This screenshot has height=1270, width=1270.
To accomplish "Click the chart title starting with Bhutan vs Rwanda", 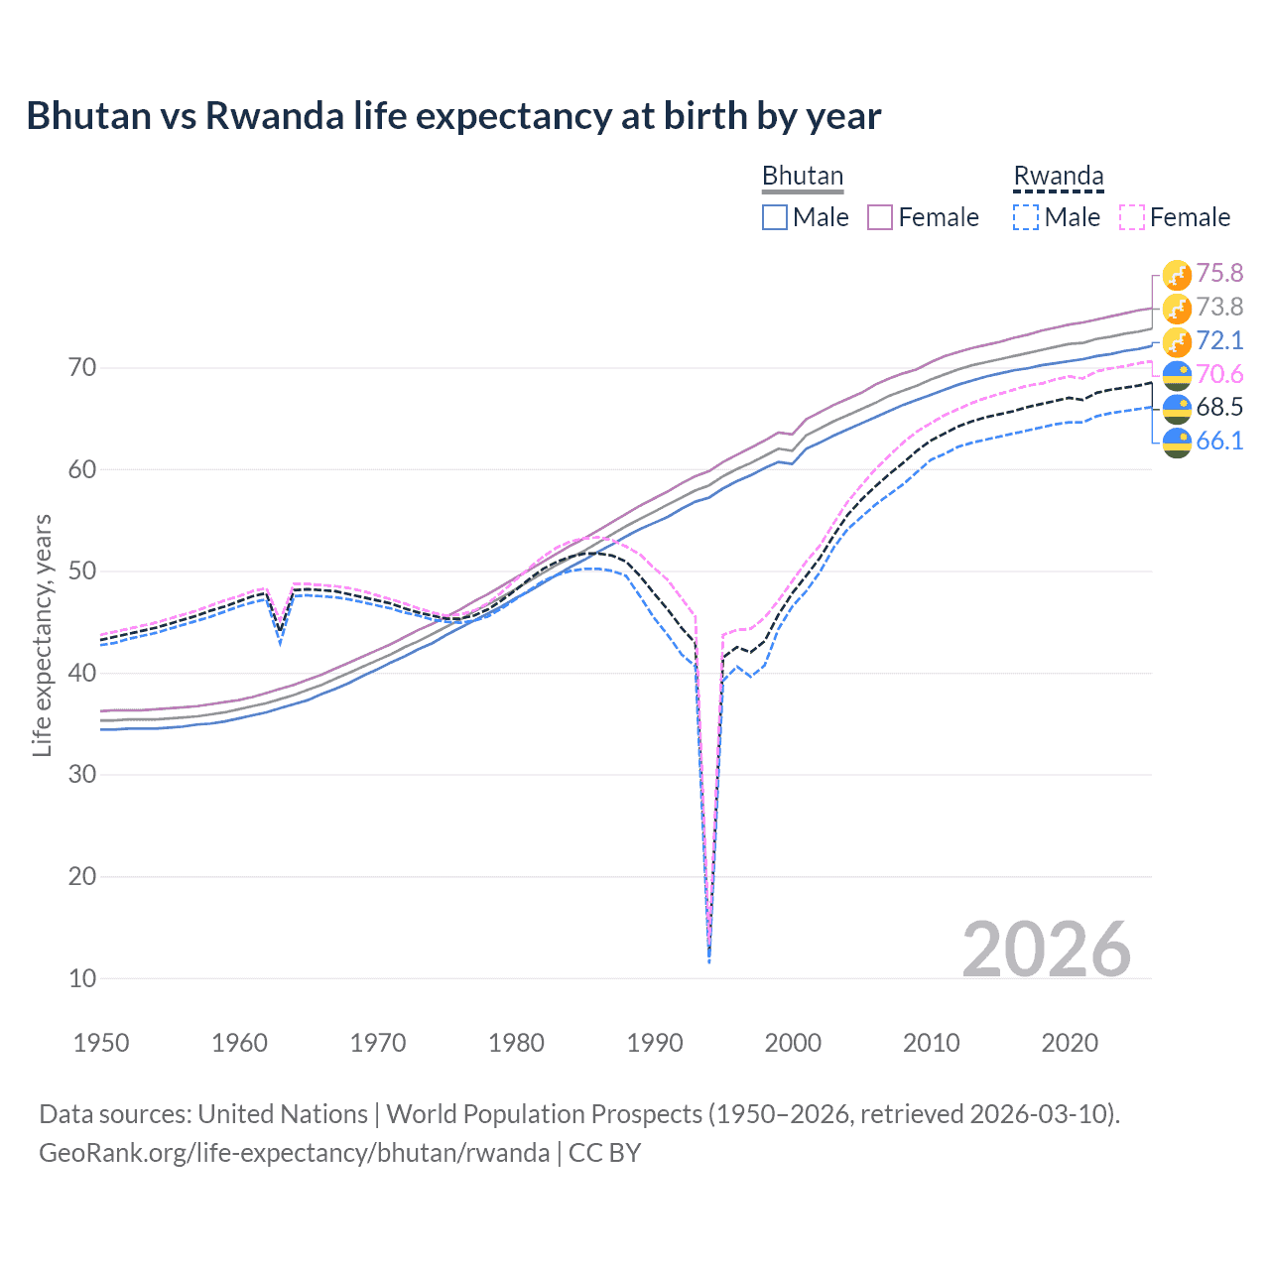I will [453, 116].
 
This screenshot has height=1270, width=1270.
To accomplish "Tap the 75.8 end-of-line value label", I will [1219, 273].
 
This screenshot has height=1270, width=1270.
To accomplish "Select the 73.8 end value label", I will [1219, 307].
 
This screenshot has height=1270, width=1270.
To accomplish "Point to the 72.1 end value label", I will [1219, 340].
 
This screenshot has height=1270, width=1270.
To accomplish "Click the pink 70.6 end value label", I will [1219, 374].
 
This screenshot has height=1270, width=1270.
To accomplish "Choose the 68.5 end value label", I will [1219, 407].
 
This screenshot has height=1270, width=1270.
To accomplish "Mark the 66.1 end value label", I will [1219, 441].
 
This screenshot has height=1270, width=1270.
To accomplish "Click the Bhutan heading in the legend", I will [802, 176].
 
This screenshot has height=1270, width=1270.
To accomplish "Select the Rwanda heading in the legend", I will [1058, 176].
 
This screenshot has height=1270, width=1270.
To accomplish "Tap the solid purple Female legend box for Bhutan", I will [880, 217].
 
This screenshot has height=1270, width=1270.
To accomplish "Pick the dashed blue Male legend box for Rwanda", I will [1026, 217].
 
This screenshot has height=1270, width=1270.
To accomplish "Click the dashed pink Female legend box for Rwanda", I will [1131, 217].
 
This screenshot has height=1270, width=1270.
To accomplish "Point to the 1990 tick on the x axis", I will [655, 1043].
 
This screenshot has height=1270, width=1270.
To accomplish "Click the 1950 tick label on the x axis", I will [101, 1043].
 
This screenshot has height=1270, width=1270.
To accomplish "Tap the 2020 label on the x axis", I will [1070, 1043].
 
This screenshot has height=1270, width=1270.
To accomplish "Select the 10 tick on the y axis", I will [82, 978].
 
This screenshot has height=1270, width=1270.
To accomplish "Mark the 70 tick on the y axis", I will [82, 368].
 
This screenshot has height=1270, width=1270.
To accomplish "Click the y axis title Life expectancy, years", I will [42, 635].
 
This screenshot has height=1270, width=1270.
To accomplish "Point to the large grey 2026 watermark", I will [1046, 950].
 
